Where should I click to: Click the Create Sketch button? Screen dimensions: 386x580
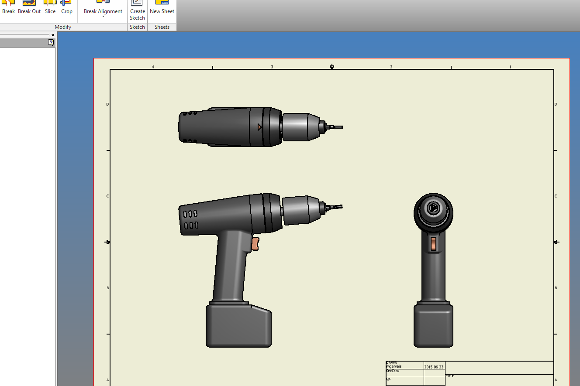click(137, 11)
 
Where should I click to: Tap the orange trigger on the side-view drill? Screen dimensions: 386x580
click(255, 244)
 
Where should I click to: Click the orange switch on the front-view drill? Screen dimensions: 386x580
click(433, 244)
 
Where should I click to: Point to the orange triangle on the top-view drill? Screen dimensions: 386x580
click(259, 127)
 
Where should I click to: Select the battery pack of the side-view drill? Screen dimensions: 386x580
click(238, 326)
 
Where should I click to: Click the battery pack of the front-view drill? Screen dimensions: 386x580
click(433, 326)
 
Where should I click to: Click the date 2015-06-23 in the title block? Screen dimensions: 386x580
click(434, 367)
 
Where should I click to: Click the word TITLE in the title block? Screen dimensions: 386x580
click(449, 376)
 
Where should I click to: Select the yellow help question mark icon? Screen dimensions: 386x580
click(51, 42)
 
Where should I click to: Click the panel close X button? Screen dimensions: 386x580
click(53, 35)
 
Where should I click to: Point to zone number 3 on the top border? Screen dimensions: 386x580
click(272, 67)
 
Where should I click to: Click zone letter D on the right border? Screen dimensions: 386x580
click(556, 104)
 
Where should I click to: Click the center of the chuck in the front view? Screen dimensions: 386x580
click(433, 208)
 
